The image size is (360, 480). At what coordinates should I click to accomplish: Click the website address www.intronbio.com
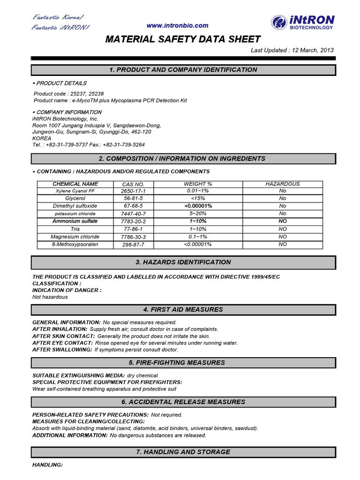click(177, 26)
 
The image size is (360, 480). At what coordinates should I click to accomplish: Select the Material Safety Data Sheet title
click(182, 39)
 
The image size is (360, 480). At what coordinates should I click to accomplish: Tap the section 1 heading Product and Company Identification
click(183, 70)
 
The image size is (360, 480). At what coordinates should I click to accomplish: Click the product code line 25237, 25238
click(69, 94)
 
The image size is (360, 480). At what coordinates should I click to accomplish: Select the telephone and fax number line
click(89, 145)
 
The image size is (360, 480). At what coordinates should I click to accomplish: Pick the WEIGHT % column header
click(198, 184)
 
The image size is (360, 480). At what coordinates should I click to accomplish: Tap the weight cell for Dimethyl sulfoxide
click(198, 206)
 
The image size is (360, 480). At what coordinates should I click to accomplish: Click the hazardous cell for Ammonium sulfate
click(283, 221)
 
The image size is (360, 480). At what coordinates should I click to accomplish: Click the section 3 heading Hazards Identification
click(183, 262)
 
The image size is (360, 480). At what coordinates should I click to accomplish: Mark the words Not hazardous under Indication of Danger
click(50, 297)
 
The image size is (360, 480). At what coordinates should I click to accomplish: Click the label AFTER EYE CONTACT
click(62, 343)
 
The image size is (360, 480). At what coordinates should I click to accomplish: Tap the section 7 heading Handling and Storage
click(183, 452)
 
